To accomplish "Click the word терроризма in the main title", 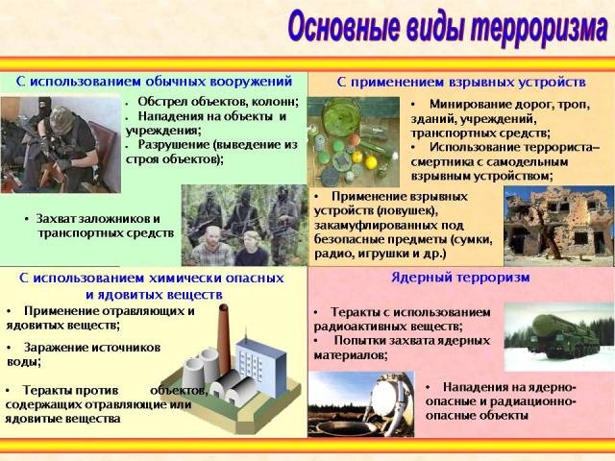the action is pos(540,28).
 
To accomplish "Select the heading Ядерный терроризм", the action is pos(460,278).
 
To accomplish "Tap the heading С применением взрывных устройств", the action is pos(461,83).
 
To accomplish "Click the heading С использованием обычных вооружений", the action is pos(154,82).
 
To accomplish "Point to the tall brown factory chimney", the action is pos(224,339).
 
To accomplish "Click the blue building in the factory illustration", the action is pos(260,366).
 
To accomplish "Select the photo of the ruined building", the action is pos(559,227).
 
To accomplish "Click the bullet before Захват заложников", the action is pos(27,219).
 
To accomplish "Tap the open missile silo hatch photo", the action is pos(361,404).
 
